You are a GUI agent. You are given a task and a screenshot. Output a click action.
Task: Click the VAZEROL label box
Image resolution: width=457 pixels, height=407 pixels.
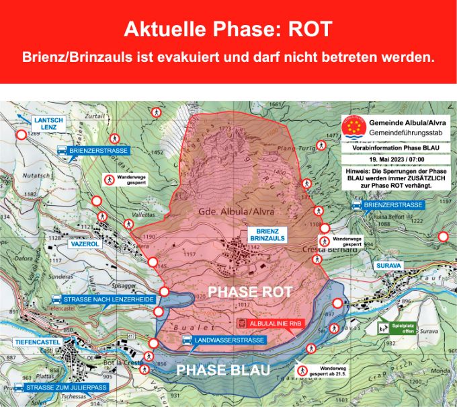85,244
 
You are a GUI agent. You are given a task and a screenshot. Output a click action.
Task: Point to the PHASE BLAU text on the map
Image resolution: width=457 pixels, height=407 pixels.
223,370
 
